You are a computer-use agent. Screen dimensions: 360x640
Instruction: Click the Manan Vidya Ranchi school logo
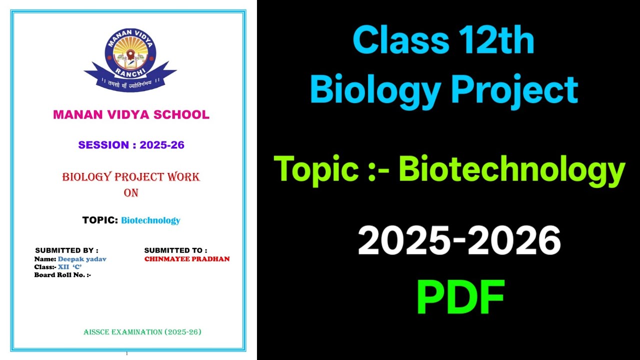[x=130, y=59]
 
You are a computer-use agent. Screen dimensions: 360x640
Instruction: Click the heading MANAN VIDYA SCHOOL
[x=131, y=114]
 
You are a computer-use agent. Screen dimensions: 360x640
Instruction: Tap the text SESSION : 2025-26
[x=131, y=145]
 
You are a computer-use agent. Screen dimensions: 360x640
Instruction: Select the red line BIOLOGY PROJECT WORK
[x=131, y=177]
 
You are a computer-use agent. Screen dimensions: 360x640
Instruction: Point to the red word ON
[x=131, y=192]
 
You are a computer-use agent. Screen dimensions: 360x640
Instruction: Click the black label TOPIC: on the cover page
[x=100, y=220]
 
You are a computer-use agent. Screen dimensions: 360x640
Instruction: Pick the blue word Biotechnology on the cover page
[x=150, y=220]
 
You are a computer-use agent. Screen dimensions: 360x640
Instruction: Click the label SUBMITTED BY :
[x=66, y=250]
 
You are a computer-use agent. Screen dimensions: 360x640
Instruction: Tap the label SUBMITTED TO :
[x=175, y=250]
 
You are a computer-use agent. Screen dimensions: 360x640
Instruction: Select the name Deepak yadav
[x=82, y=259]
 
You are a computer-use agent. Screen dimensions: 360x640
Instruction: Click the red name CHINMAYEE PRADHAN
[x=187, y=259]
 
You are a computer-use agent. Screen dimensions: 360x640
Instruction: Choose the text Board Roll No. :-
[x=62, y=274]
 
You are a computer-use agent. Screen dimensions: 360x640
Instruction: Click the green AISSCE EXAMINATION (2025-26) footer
[x=142, y=332]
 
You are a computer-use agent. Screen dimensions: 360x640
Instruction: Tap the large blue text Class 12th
[x=443, y=41]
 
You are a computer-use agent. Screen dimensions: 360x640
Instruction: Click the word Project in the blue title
[x=514, y=90]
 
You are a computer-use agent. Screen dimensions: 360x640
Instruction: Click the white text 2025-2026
[x=459, y=240]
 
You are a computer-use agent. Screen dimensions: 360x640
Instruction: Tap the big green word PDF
[x=460, y=297]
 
